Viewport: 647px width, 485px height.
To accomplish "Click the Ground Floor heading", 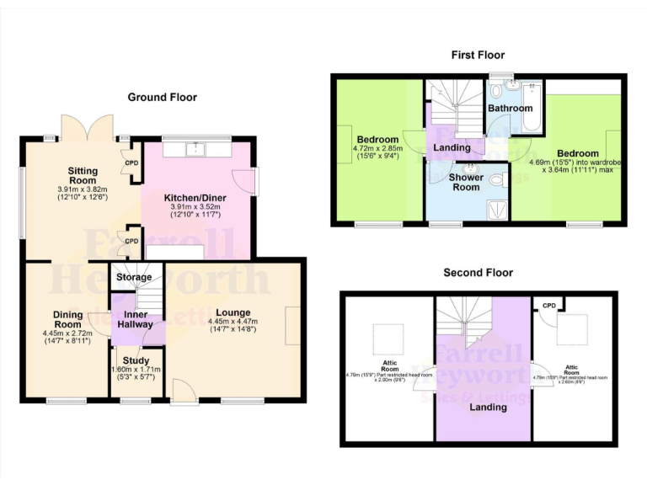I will (162, 98).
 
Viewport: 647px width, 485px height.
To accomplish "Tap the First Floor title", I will (478, 55).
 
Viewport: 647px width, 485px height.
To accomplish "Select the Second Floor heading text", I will (478, 273).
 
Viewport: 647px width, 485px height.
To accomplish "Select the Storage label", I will (134, 277).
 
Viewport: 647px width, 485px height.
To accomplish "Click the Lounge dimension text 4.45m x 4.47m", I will (232, 321).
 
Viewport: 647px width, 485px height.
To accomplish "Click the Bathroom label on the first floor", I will (511, 109).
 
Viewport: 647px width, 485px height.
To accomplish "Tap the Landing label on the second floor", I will (487, 408).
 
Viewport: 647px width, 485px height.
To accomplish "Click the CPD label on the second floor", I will (548, 305).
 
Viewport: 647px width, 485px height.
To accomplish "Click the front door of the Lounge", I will (181, 388).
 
